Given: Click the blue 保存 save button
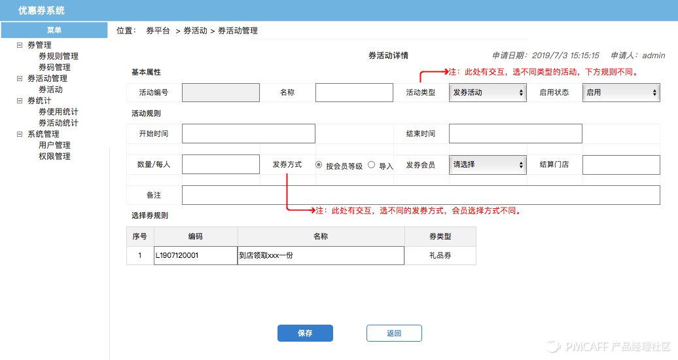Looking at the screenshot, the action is coord(305,333).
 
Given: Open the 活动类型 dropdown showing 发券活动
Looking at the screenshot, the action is coord(488,92).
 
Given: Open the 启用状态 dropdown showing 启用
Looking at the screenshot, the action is coord(620,92).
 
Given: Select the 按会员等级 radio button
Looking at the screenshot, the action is coord(319,165).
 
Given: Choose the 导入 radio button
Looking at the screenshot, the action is coord(371,165).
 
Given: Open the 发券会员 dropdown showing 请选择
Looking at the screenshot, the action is coord(488,164).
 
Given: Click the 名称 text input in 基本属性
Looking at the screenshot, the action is coord(353,92).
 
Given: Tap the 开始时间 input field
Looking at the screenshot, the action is coord(248,134).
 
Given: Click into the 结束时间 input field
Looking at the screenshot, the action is coord(515,134).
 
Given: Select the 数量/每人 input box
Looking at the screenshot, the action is coord(221,164).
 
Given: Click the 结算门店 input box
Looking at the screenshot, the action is coord(620,164).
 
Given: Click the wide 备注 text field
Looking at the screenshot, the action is coord(420,195).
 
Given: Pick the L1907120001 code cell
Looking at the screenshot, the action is coord(195,255).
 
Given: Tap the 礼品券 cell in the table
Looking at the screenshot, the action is coord(440,255).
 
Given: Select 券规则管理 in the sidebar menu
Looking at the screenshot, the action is coord(58,56).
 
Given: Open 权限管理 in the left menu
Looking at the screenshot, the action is coord(54,156).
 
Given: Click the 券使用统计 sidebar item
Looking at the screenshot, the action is coord(58,112).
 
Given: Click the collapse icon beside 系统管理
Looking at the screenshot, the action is coord(20,134).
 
